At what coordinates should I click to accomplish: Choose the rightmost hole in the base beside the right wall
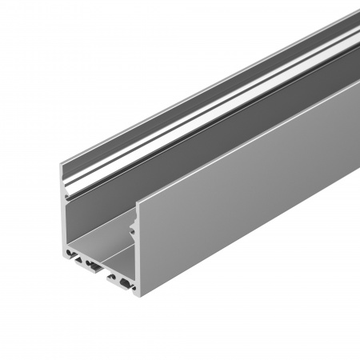pyautogui.click(x=128, y=283)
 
